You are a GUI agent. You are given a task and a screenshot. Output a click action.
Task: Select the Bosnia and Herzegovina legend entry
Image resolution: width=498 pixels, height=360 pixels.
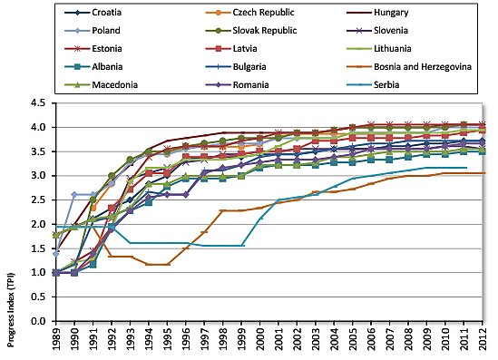419,63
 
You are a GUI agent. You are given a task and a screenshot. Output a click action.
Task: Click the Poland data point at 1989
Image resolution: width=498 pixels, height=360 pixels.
56,254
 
